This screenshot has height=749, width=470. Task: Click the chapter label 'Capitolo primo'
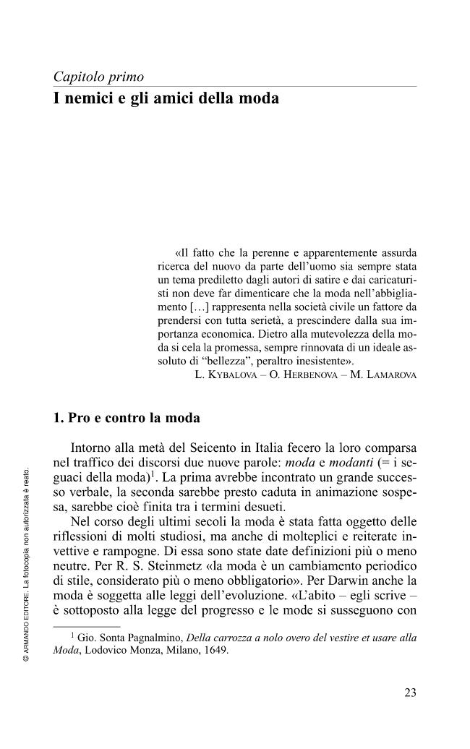point(98,77)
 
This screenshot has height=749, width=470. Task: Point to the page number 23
point(410,693)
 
